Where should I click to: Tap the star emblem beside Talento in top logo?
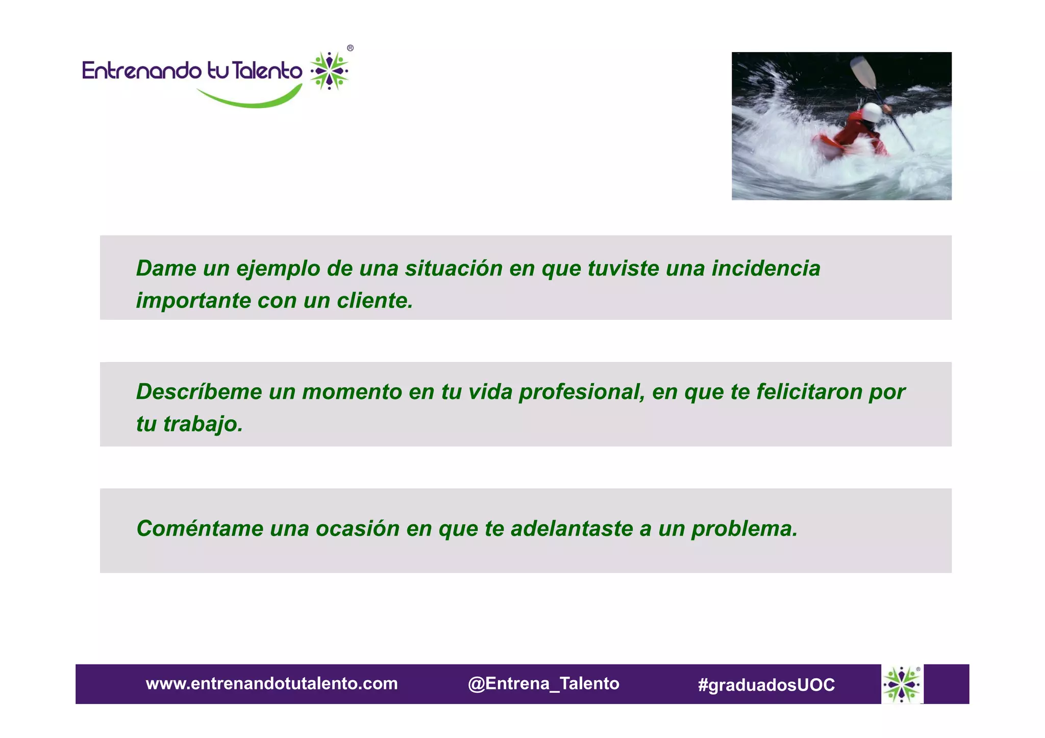click(330, 71)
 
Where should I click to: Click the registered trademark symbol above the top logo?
click(350, 48)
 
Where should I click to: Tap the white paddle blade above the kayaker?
click(863, 72)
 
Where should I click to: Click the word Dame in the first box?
click(166, 268)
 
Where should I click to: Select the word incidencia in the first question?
click(766, 268)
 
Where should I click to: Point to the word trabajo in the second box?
click(202, 424)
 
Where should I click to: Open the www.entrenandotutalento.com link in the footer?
click(271, 683)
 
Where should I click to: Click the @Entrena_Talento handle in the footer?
click(543, 683)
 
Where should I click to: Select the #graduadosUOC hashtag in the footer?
click(766, 684)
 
